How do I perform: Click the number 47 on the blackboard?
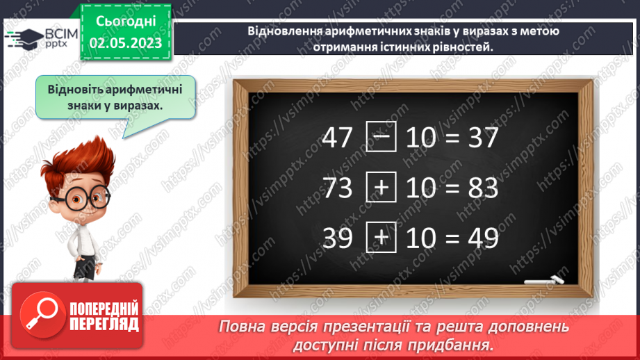(338, 139)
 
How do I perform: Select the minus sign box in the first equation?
(381, 138)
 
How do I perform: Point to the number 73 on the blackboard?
(338, 188)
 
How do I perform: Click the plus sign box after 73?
(381, 188)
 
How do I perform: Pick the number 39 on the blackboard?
(338, 238)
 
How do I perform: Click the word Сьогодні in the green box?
(125, 23)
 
